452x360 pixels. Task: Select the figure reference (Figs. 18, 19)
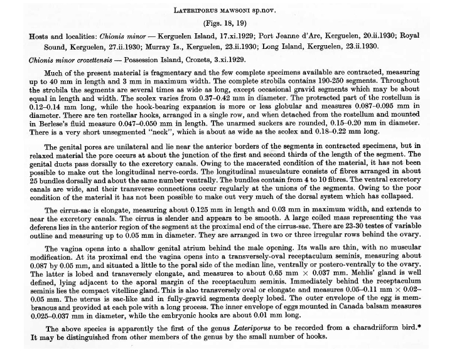(225, 23)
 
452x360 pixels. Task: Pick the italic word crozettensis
(92, 60)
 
